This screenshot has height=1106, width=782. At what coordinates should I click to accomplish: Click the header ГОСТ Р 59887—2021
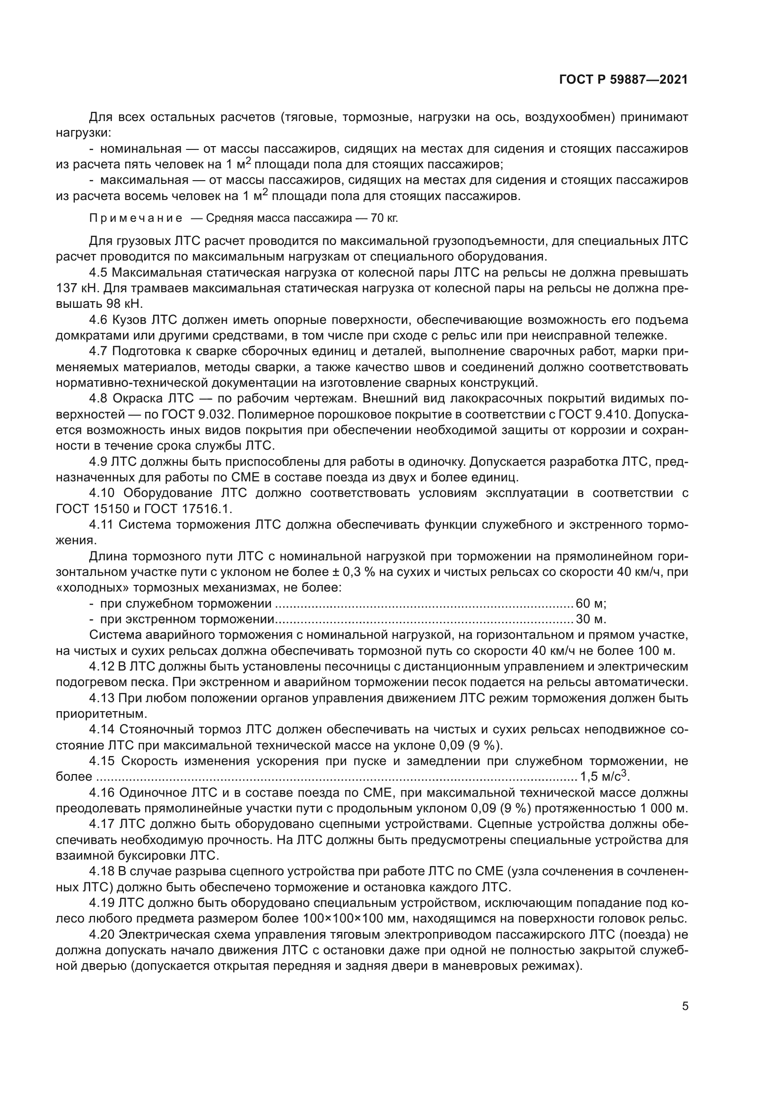point(623,80)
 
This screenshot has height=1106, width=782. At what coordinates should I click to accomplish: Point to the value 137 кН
point(77,288)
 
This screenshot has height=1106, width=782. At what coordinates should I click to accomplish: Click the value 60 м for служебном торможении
point(591,603)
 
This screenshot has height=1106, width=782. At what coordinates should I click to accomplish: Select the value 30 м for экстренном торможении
point(591,619)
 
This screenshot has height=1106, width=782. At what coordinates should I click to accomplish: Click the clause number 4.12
point(102,667)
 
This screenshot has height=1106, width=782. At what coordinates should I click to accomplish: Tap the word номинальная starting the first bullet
point(140,148)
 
